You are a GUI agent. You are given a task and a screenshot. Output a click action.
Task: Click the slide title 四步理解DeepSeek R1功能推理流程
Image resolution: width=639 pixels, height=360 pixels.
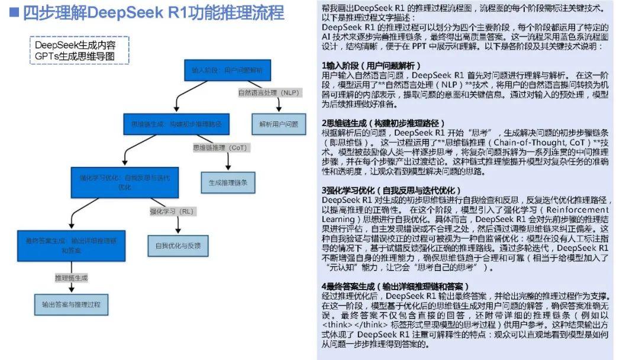(153, 12)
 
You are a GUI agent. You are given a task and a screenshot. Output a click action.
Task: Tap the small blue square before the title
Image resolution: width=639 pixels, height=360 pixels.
(15, 12)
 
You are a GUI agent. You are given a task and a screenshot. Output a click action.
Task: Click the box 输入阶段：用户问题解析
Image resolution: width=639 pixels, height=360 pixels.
(227, 70)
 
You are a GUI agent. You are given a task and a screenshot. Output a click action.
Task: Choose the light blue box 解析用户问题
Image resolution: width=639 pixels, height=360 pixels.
(279, 124)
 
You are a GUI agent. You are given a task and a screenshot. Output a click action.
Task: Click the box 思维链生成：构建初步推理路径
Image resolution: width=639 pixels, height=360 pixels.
(176, 124)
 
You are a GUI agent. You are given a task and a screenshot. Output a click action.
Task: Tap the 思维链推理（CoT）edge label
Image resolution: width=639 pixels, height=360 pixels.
(220, 147)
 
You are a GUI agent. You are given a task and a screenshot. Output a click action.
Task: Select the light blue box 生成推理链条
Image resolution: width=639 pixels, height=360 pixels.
(228, 182)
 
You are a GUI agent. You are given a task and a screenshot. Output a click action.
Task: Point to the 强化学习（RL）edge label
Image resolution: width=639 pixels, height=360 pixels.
(172, 210)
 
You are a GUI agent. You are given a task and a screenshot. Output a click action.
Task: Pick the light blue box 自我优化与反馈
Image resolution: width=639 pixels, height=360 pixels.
(177, 245)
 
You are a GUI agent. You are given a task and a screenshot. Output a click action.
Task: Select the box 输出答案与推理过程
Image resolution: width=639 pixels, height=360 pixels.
(71, 304)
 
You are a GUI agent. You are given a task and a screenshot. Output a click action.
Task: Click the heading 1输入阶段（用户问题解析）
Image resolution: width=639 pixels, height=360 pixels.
(372, 65)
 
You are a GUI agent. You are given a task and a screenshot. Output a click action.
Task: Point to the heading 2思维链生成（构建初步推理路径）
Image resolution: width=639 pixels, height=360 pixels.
(383, 123)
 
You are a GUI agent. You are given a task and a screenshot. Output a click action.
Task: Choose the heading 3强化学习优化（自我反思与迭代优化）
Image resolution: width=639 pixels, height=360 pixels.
(390, 190)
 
